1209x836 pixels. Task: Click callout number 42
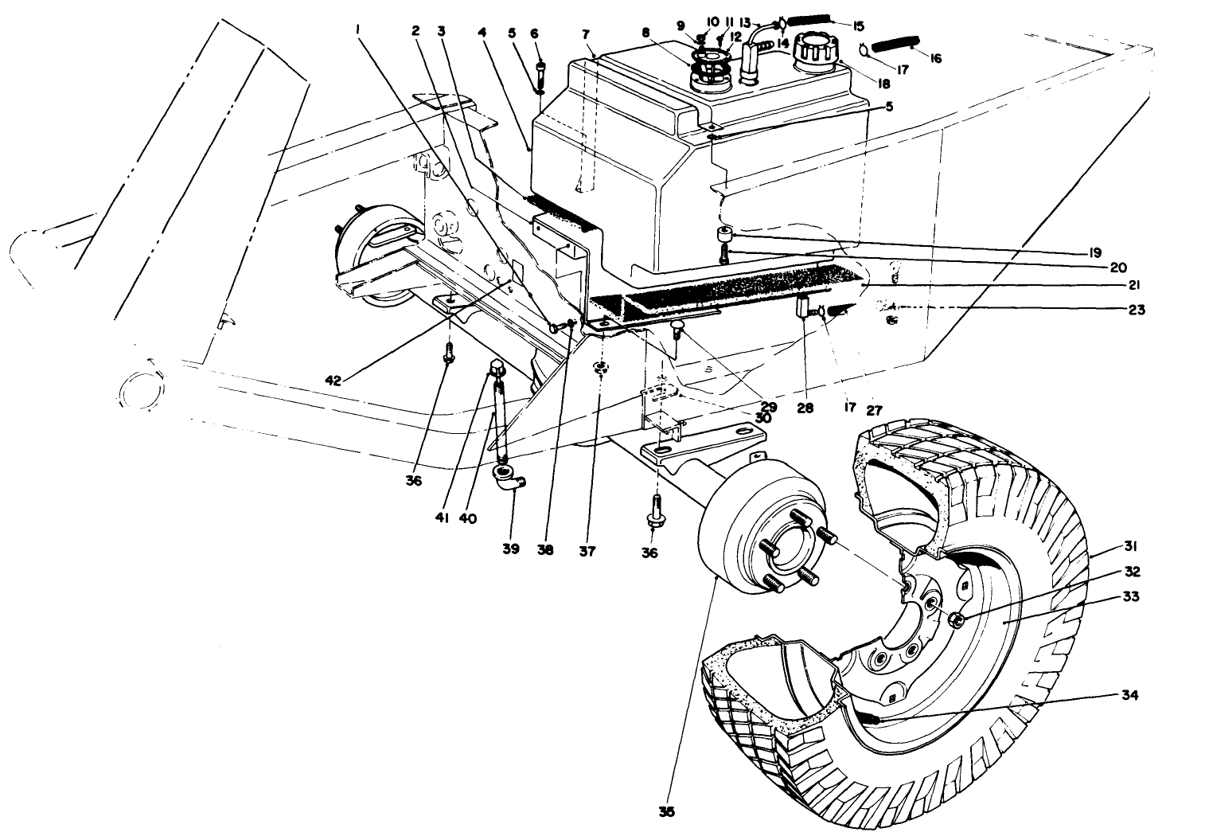(333, 381)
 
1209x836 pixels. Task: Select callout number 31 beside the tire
(1131, 546)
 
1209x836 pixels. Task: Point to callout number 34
(1130, 695)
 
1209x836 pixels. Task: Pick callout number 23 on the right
(1136, 311)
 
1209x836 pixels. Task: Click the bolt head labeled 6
(540, 71)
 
